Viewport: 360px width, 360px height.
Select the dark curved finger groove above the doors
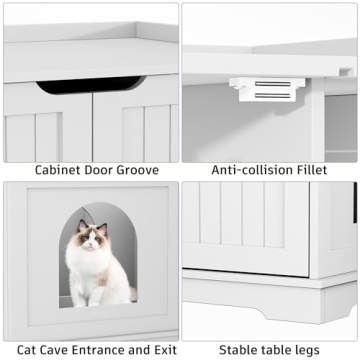[x=90, y=84]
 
